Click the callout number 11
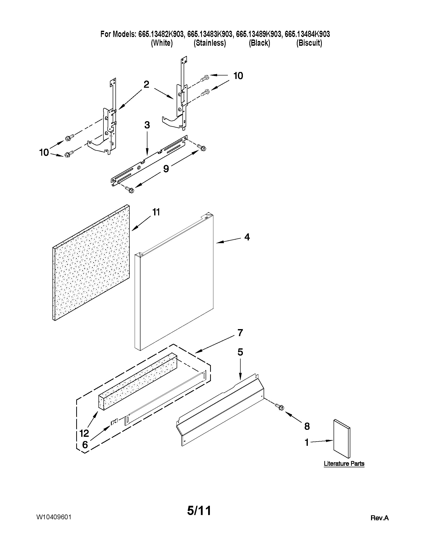point(156,212)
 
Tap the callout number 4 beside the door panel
point(247,237)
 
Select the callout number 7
point(240,333)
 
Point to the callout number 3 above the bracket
point(147,125)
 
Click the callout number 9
point(166,169)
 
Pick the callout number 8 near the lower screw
point(307,426)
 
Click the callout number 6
point(85,445)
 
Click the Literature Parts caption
point(344,463)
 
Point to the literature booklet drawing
point(342,439)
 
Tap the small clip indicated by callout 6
point(114,421)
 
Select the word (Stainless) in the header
point(210,43)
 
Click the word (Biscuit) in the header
point(309,43)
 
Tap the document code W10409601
point(54,517)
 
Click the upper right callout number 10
point(238,75)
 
